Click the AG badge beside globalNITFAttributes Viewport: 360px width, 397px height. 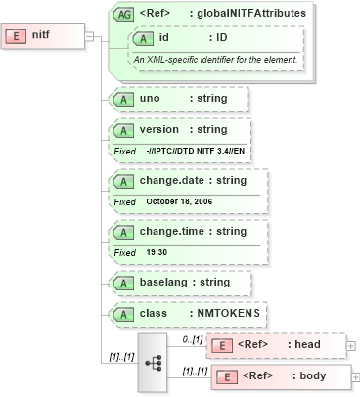coord(124,14)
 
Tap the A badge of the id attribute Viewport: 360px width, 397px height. coord(144,38)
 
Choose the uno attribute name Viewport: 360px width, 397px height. coord(150,99)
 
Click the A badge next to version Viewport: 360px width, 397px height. coord(124,130)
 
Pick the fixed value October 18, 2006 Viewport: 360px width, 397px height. coord(179,200)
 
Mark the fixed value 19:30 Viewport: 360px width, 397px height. coord(157,251)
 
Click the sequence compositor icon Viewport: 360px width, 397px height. coord(153,362)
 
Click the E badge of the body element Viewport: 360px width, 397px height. coord(225,376)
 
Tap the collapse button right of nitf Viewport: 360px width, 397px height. coord(90,36)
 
